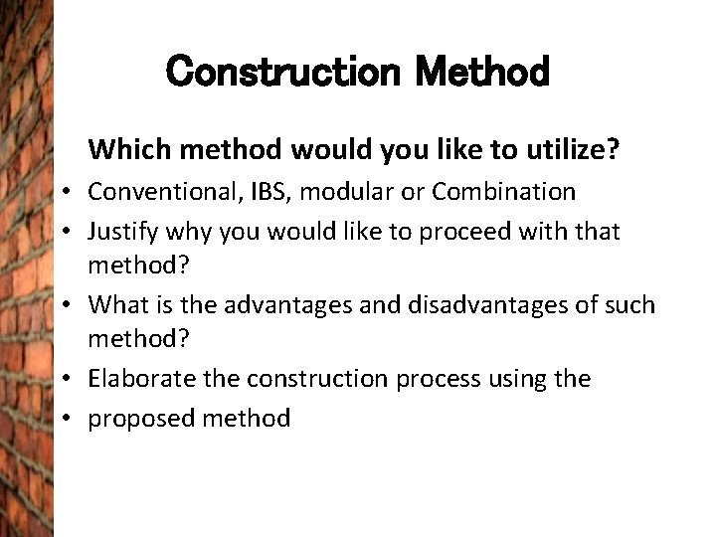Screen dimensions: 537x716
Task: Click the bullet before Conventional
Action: (74, 192)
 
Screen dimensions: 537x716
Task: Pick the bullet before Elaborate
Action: (74, 380)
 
